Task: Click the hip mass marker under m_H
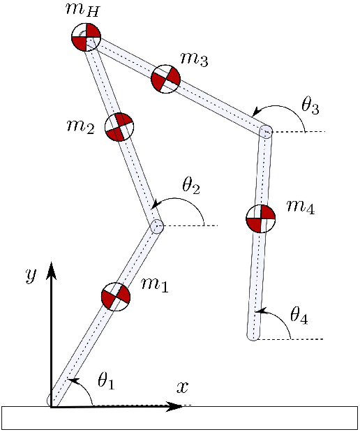coord(86,37)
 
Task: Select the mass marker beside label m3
coord(166,79)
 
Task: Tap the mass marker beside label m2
coord(119,127)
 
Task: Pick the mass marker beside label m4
coord(260,218)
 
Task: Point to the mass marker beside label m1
coord(116,297)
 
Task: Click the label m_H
coord(82,10)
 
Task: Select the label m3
coord(194,59)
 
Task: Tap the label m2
coord(81,127)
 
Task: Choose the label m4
coord(301,207)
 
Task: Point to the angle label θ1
coord(106,381)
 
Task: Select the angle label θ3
coord(310,105)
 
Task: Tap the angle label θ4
coord(299,315)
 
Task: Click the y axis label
coord(31,276)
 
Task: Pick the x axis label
coord(182,387)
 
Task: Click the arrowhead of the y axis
coord(51,271)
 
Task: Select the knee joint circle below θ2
coord(157,227)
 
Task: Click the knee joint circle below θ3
coord(266,131)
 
